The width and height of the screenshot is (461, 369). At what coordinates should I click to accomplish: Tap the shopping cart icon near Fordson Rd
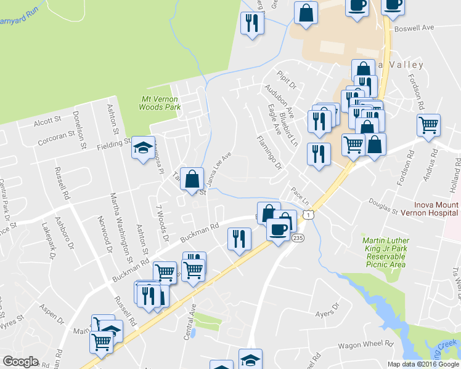tap(428, 125)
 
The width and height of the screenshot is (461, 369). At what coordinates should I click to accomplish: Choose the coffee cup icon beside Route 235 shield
tap(278, 230)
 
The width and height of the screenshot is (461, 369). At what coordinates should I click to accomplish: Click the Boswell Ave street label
tap(416, 28)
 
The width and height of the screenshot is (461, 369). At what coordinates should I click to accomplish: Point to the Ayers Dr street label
tap(327, 313)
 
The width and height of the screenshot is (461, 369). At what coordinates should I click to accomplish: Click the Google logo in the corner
tap(20, 362)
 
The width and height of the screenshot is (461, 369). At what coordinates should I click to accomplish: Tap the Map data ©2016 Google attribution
tap(423, 364)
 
